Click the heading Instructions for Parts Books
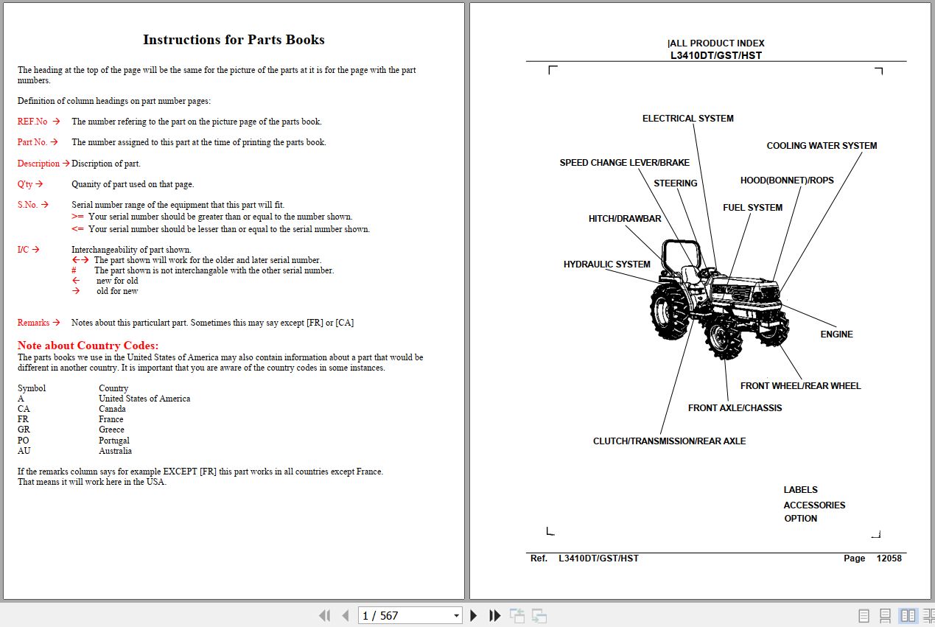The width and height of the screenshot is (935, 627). (234, 40)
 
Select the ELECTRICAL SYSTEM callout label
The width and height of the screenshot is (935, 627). (687, 119)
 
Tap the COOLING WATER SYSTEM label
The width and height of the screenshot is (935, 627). (822, 146)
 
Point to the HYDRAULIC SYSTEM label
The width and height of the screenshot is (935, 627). (606, 265)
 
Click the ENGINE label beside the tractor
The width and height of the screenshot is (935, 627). (836, 334)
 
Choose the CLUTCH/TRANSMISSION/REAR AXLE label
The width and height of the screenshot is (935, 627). (669, 441)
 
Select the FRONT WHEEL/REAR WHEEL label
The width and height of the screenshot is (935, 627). (800, 386)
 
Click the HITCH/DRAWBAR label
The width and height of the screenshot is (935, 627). (624, 219)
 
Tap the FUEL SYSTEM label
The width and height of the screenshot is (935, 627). (752, 208)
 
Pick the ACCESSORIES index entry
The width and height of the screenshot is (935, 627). (814, 505)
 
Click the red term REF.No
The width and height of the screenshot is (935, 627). (32, 122)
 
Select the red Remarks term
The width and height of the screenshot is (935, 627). (33, 323)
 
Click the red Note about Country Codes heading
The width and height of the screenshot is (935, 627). (88, 346)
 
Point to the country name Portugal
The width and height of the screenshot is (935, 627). (114, 441)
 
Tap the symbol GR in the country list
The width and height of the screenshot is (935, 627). (24, 430)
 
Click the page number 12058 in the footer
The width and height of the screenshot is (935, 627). (889, 558)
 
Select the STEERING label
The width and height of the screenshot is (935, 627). (675, 183)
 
